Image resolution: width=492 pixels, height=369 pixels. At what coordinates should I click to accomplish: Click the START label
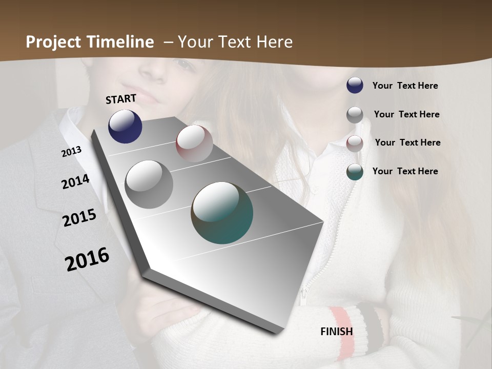pyautogui.click(x=121, y=99)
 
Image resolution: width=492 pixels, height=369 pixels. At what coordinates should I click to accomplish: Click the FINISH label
pyautogui.click(x=337, y=332)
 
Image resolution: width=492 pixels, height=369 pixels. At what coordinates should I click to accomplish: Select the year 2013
pyautogui.click(x=71, y=152)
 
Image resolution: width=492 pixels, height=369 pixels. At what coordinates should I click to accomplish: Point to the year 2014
pyautogui.click(x=75, y=182)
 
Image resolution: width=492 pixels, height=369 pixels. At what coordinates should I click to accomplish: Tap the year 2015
pyautogui.click(x=79, y=218)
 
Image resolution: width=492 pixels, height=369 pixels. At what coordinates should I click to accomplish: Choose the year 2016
pyautogui.click(x=87, y=259)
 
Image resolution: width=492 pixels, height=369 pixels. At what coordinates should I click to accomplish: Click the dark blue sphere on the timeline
pyautogui.click(x=125, y=126)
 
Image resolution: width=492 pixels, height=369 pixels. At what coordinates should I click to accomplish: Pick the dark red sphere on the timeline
pyautogui.click(x=194, y=143)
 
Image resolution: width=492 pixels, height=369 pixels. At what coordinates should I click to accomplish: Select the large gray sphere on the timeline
pyautogui.click(x=149, y=184)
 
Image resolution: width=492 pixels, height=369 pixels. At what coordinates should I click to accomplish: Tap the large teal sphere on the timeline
pyautogui.click(x=222, y=213)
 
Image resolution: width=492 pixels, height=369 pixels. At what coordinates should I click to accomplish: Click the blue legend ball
pyautogui.click(x=355, y=85)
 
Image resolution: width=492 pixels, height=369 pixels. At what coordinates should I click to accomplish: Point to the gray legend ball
pyautogui.click(x=355, y=115)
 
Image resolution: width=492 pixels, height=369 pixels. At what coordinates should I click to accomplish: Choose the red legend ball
pyautogui.click(x=355, y=143)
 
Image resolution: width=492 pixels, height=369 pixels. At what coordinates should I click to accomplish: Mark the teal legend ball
pyautogui.click(x=355, y=172)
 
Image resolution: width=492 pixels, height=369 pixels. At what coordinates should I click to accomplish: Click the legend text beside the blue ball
pyautogui.click(x=405, y=86)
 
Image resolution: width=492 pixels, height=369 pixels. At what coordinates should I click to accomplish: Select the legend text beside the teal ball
pyautogui.click(x=405, y=171)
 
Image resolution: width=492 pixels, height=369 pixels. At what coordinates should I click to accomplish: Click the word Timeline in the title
pyautogui.click(x=120, y=42)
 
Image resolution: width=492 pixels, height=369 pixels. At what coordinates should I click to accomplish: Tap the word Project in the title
pyautogui.click(x=53, y=42)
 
